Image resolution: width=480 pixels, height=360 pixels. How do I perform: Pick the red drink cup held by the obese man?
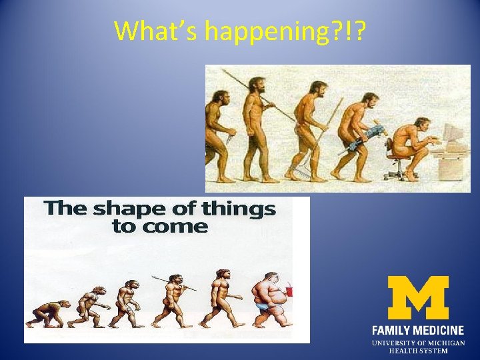point(291,292)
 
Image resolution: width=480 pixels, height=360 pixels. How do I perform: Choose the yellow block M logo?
point(417,298)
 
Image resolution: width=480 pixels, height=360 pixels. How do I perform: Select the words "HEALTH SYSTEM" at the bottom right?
point(418,351)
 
